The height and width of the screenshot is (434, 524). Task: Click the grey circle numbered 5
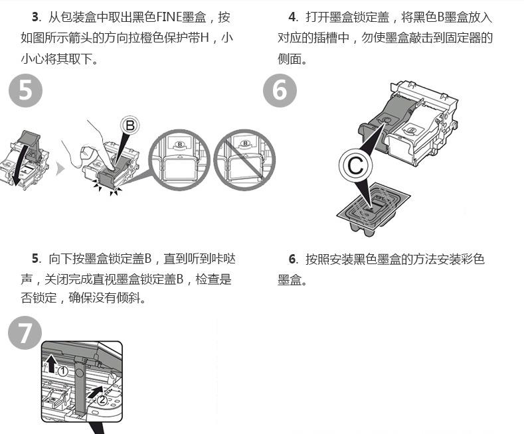[25, 91]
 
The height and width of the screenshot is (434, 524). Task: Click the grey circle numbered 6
[280, 91]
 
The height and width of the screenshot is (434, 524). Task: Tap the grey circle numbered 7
[25, 334]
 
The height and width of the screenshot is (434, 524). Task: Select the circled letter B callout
[130, 125]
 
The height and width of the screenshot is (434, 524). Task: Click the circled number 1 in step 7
[62, 370]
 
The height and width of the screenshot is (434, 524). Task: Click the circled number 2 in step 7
[102, 399]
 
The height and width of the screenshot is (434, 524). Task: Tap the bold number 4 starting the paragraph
[292, 17]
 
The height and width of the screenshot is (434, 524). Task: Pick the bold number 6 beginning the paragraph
[292, 258]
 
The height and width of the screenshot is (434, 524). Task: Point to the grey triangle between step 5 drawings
[60, 169]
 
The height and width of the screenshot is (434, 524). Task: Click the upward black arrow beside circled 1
[50, 362]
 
